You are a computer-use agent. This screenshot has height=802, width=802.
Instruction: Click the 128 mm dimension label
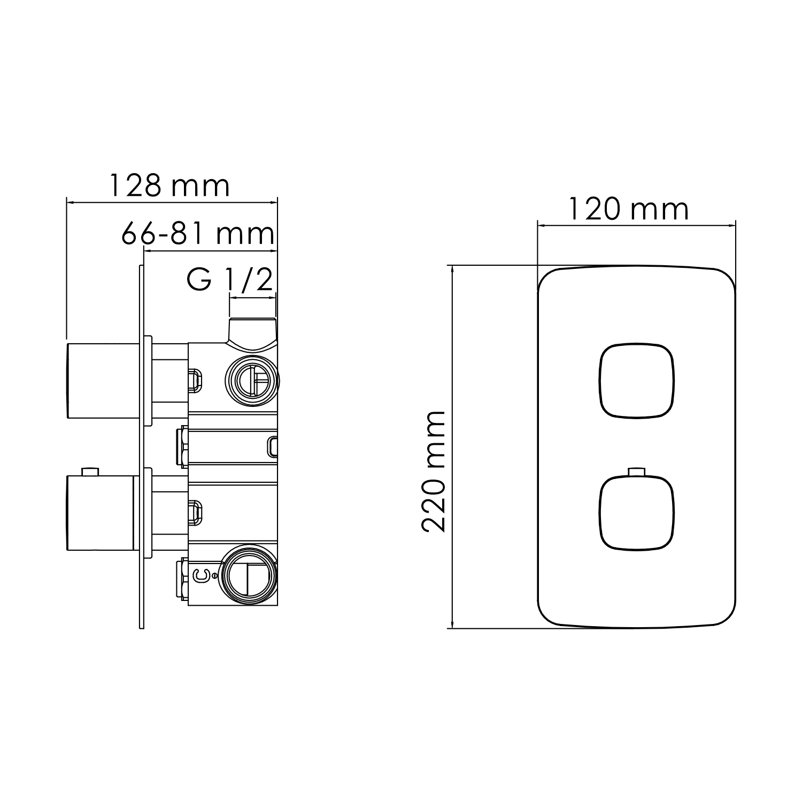[169, 186]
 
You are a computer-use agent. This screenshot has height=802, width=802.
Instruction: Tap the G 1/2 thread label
[230, 280]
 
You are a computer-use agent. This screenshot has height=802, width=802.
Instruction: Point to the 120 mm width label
[628, 209]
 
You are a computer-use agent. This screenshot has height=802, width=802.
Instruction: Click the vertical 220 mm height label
[434, 471]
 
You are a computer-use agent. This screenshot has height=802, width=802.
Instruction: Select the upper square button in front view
[636, 381]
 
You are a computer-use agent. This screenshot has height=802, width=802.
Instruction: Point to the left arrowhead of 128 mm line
[69, 202]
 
